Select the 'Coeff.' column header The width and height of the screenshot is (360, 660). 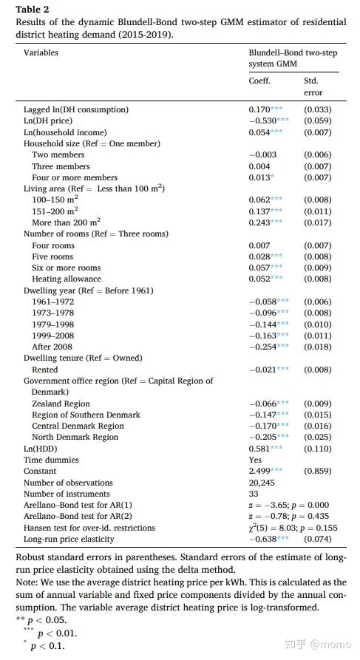tap(259, 81)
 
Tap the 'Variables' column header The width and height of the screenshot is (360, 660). tap(41, 52)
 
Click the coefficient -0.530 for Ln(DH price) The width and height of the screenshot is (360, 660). tap(262, 120)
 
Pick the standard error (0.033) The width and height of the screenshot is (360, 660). tap(318, 109)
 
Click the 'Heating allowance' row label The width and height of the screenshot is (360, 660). tap(67, 279)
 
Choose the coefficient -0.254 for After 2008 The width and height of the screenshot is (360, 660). tap(262, 347)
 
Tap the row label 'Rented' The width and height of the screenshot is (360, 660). tap(44, 369)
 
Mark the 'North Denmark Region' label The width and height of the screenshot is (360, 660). tap(75, 437)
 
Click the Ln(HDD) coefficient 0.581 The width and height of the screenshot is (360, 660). tap(259, 448)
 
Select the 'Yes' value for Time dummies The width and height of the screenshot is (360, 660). tap(255, 459)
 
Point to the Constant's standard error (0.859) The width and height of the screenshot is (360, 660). tap(318, 471)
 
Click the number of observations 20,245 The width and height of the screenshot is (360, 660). tap(262, 482)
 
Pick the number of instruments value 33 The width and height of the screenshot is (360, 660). tap(253, 493)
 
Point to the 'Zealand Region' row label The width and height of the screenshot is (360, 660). tap(61, 404)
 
